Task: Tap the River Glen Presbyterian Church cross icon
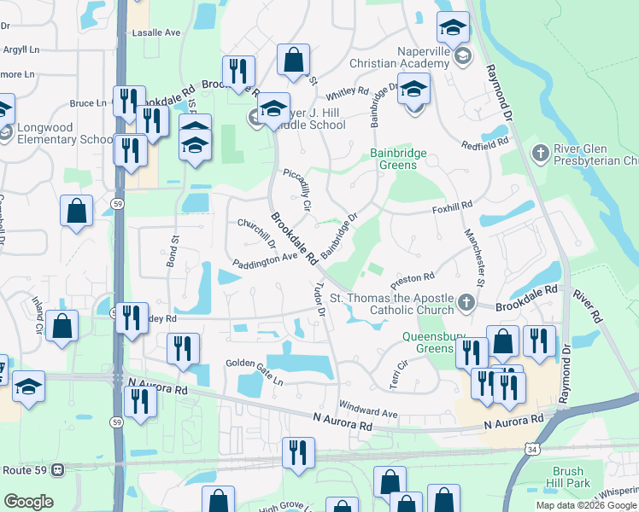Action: (540, 154)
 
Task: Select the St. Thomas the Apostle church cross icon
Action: (466, 302)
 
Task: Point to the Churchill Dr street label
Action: (255, 232)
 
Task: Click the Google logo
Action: (28, 502)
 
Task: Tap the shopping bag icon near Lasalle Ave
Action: (293, 60)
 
